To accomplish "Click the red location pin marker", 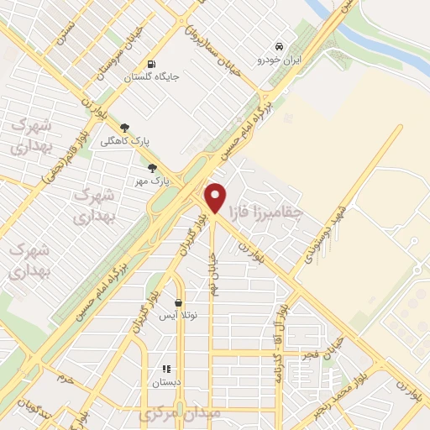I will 216,198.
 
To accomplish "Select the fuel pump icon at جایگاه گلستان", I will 151,63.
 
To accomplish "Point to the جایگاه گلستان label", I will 151,77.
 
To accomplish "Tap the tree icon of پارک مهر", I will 152,167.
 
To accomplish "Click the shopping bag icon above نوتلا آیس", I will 179,302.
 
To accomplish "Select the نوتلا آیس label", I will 179,316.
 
